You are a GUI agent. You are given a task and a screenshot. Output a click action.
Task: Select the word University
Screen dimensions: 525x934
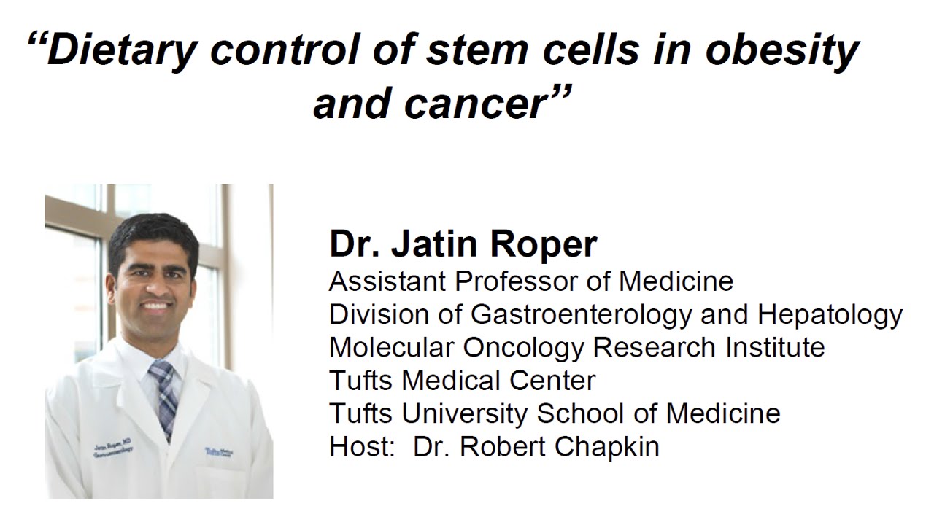pos(466,413)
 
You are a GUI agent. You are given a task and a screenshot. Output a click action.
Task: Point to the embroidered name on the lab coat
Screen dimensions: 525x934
pos(112,447)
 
